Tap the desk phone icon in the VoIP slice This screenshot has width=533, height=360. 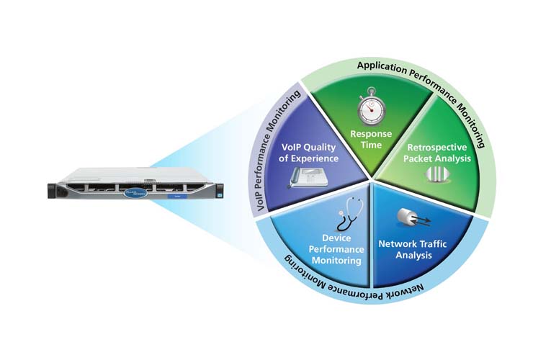coord(305,175)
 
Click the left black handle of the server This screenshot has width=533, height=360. coord(53,189)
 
